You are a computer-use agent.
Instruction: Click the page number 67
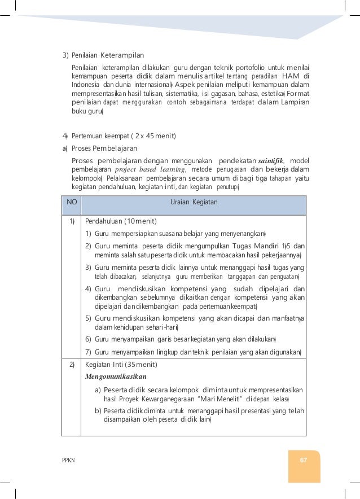[303, 459]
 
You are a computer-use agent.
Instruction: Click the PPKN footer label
[68, 460]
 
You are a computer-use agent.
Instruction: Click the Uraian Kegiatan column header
[194, 202]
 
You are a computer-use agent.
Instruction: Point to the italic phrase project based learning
[150, 169]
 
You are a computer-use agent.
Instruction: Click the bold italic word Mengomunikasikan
[116, 375]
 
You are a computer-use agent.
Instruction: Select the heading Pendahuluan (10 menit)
[121, 221]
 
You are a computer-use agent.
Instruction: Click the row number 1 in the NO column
[72, 221]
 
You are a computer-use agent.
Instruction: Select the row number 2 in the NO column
[72, 365]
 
